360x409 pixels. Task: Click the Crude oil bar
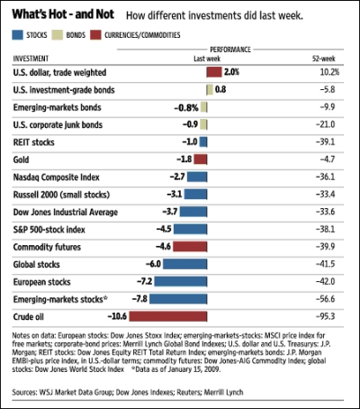(x=168, y=316)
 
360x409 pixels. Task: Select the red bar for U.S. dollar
(x=214, y=72)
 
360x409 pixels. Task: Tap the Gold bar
(x=201, y=159)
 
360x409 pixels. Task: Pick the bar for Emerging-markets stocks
(x=178, y=299)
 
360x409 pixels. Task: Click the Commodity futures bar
(x=190, y=247)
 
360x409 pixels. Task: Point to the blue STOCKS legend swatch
(x=17, y=35)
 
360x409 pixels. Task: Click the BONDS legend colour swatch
(x=58, y=35)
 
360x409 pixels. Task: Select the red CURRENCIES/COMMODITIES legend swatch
(x=95, y=35)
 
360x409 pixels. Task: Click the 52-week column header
(x=324, y=59)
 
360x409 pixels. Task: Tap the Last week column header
(x=207, y=59)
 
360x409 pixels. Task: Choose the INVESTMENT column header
(x=31, y=59)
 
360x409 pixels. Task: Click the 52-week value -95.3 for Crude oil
(x=325, y=316)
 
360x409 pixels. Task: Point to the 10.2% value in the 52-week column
(x=329, y=72)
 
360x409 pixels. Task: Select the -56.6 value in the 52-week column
(x=325, y=299)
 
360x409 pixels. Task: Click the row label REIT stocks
(x=33, y=142)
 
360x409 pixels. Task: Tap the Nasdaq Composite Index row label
(x=56, y=177)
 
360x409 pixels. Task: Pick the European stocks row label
(x=41, y=282)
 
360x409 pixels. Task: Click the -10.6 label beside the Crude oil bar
(x=117, y=316)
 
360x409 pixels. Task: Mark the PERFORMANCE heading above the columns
(x=230, y=50)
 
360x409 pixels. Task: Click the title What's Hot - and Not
(x=63, y=14)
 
